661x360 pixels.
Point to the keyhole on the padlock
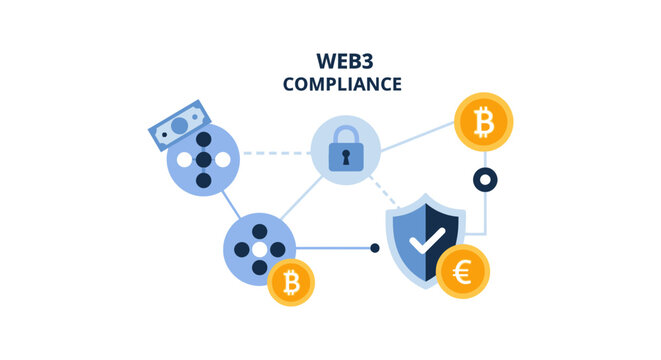345,157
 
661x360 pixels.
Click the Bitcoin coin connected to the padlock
483,122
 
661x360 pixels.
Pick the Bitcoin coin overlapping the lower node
291,283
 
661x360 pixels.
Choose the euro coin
463,271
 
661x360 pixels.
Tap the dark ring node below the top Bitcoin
484,181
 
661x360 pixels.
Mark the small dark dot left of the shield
375,247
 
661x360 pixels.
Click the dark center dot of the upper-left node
205,160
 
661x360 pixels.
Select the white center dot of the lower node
259,248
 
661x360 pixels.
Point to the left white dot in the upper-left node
184,160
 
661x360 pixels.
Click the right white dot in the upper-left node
226,160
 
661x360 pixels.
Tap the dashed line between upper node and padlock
275,154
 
